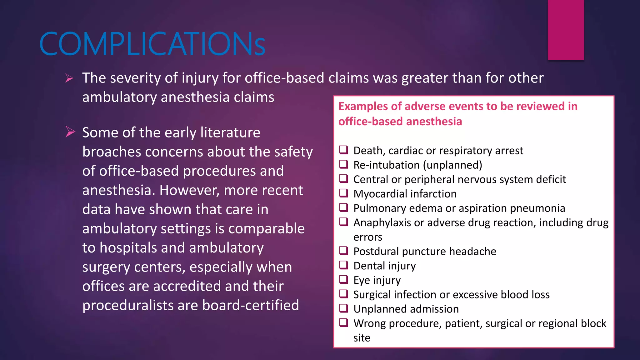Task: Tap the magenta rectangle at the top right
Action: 566,30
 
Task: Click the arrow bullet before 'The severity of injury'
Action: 69,78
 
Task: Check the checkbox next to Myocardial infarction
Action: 344,193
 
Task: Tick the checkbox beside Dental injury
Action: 344,265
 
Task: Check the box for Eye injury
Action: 344,279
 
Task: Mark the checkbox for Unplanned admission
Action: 344,308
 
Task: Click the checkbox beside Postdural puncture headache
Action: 344,251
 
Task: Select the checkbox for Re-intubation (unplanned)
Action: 344,164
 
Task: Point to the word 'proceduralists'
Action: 128,305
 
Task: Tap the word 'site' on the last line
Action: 362,338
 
